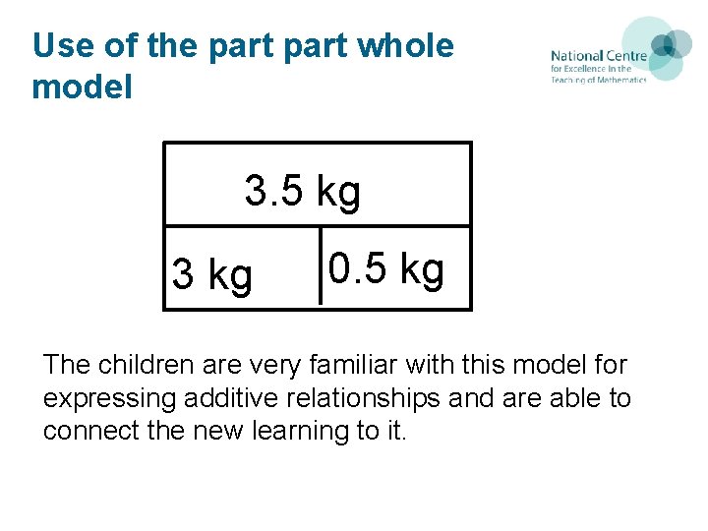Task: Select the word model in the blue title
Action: tap(82, 87)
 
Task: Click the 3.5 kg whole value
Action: tap(303, 192)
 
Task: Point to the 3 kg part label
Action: tap(211, 275)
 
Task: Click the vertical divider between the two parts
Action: tap(321, 266)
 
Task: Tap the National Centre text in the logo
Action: tap(598, 56)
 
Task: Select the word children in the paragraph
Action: tap(152, 366)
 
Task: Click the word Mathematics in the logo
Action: tap(619, 80)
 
